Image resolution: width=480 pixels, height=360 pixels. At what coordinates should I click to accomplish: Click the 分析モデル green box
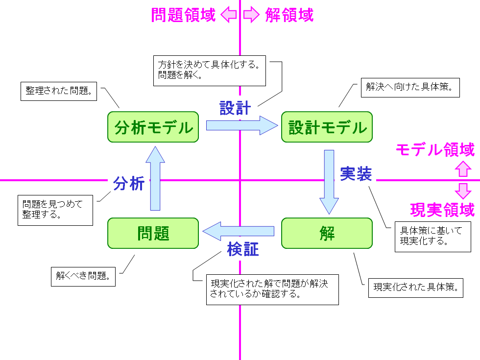click(153, 127)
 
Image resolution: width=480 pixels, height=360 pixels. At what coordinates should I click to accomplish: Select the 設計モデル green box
click(327, 127)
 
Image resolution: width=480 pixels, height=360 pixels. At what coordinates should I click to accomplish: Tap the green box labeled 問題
click(153, 233)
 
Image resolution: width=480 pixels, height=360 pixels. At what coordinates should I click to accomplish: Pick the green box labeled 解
click(327, 233)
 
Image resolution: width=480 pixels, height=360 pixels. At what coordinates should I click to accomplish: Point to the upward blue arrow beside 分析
click(155, 178)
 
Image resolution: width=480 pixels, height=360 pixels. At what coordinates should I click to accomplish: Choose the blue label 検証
click(243, 249)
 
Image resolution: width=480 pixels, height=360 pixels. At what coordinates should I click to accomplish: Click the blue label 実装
click(356, 174)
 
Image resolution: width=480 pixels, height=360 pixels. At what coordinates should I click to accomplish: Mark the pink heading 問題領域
click(183, 15)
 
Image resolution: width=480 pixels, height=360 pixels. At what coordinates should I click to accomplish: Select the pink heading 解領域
click(289, 15)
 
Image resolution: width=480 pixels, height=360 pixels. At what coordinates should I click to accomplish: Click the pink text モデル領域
click(435, 150)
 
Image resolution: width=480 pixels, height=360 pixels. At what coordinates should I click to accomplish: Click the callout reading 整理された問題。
click(59, 92)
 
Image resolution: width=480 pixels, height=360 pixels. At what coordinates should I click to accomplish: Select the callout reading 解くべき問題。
click(83, 276)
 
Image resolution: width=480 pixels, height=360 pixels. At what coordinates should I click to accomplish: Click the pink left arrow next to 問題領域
click(228, 16)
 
